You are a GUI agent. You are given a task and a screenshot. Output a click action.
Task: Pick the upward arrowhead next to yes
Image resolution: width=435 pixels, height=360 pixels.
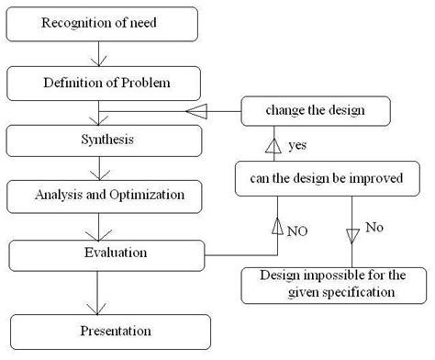[x=271, y=144]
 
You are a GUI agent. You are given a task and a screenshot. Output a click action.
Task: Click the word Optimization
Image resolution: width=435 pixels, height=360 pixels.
[x=152, y=195]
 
